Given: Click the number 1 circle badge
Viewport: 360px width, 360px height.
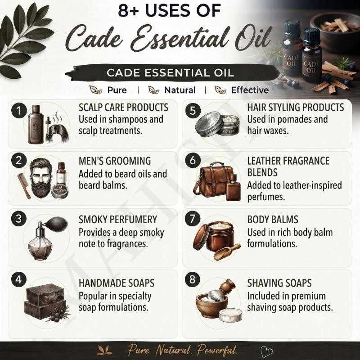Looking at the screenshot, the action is (19, 110).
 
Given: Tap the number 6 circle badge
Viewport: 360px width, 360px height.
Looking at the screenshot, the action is (193, 160).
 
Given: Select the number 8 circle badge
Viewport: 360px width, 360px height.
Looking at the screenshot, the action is (193, 279).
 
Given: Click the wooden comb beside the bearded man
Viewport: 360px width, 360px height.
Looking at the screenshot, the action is (24, 186).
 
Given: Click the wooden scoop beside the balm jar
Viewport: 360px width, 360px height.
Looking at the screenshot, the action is (227, 252).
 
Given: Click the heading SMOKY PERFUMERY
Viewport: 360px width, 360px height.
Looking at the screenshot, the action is (118, 220).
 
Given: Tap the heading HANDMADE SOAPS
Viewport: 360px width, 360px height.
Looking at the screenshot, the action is (117, 283).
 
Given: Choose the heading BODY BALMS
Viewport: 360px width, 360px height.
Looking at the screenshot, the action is (273, 220).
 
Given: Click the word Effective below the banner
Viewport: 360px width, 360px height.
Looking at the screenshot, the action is (250, 90).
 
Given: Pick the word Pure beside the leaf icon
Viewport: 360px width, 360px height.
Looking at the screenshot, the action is (117, 90).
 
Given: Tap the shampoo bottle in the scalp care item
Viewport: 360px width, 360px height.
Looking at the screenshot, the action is (36, 125).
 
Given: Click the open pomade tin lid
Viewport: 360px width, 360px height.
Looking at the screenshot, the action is (209, 125).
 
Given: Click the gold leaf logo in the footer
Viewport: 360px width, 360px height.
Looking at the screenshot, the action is (105, 351).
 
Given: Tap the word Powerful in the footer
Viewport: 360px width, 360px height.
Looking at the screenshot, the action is (217, 350).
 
